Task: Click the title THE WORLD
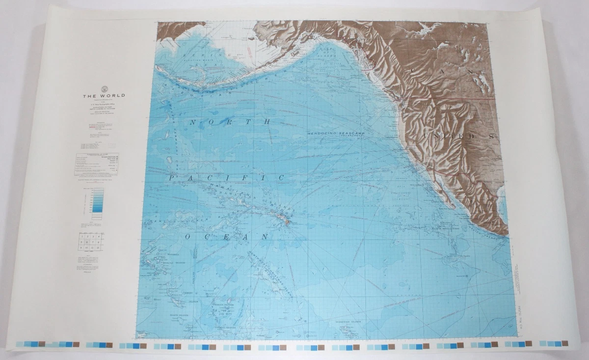[x=103, y=96]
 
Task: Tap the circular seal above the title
[x=104, y=88]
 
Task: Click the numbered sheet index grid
[x=90, y=242]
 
